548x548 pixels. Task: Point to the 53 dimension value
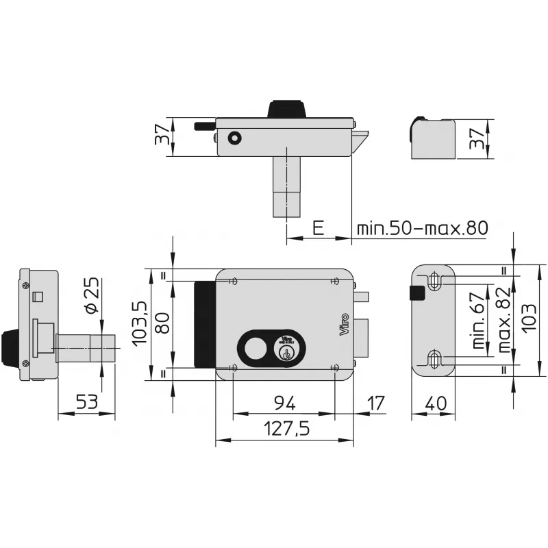point(86,402)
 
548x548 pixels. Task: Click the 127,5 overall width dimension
point(285,429)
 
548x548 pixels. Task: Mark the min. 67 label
point(480,321)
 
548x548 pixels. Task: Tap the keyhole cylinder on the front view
point(286,351)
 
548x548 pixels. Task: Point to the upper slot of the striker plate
point(434,281)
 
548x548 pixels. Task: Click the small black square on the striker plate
point(416,292)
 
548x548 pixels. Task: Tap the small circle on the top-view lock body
point(235,138)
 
